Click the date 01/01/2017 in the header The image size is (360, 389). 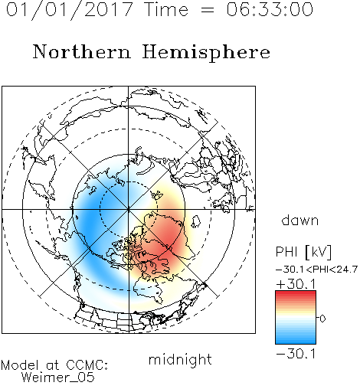tap(70, 10)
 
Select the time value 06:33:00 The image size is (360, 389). tap(270, 9)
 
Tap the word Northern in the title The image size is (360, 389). tap(82, 51)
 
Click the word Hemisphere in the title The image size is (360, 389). tap(206, 53)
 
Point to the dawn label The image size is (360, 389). tap(300, 220)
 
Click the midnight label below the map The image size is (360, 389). tap(180, 360)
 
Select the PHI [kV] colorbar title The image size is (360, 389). tap(303, 252)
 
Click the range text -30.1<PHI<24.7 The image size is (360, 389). tap(316, 270)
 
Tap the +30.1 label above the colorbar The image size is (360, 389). tap(296, 284)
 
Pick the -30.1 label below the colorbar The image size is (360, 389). tap(296, 354)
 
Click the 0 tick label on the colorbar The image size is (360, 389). tap(322, 319)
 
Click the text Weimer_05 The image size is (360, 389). tap(58, 378)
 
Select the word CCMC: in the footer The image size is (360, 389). tap(87, 365)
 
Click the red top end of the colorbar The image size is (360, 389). tap(296, 293)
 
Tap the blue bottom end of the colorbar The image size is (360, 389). tap(296, 342)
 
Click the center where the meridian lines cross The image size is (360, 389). tap(129, 210)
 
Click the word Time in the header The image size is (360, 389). tap(166, 9)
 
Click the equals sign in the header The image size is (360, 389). tap(208, 10)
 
